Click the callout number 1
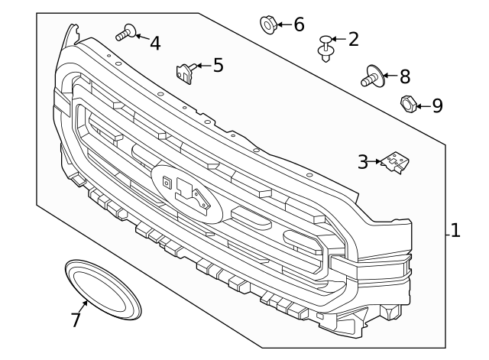[x=455, y=230]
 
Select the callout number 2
[x=353, y=39]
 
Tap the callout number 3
[x=363, y=161]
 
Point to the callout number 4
[x=155, y=44]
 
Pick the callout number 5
[x=219, y=65]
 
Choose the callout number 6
[x=299, y=24]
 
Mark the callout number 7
[x=75, y=319]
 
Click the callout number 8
[x=404, y=76]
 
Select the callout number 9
[x=437, y=105]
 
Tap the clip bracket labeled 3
[x=394, y=163]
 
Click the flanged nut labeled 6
[x=268, y=25]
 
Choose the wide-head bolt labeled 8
[x=372, y=76]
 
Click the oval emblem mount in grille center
[x=186, y=192]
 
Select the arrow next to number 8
[x=390, y=76]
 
